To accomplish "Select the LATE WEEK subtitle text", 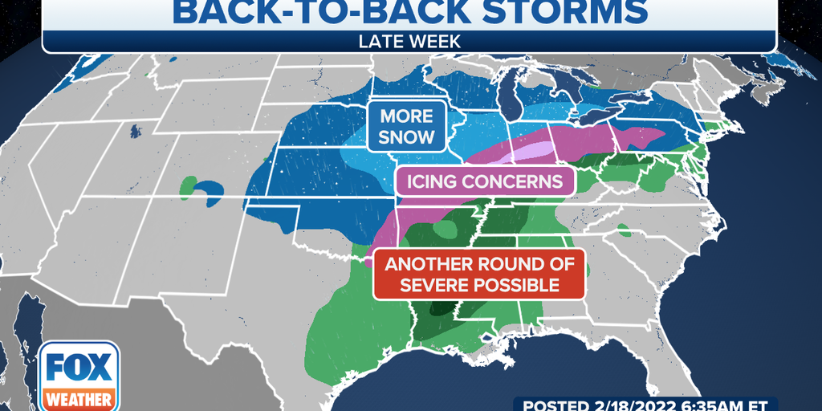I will [410, 39].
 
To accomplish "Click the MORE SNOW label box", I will [407, 126].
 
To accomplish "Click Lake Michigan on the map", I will [507, 100].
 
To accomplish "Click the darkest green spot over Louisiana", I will [440, 307].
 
